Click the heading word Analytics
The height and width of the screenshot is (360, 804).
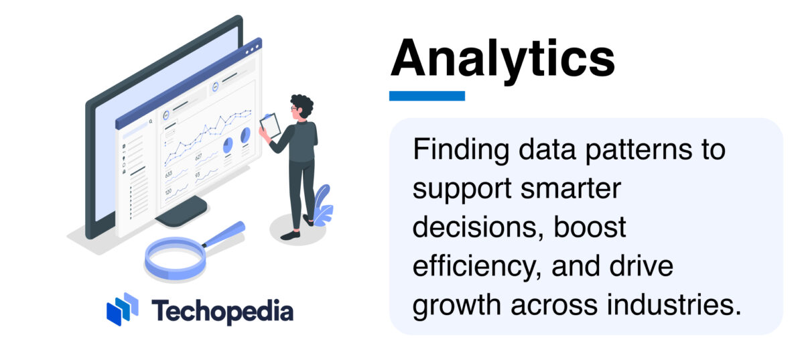[x=503, y=59]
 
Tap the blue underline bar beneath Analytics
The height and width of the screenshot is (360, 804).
[x=427, y=96]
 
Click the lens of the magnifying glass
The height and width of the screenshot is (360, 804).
[x=175, y=257]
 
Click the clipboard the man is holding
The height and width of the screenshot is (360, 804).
[x=271, y=126]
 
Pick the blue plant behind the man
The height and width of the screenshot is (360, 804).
[x=323, y=204]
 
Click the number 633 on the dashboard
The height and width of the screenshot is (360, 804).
[x=169, y=174]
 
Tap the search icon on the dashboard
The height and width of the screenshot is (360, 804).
[x=151, y=121]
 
